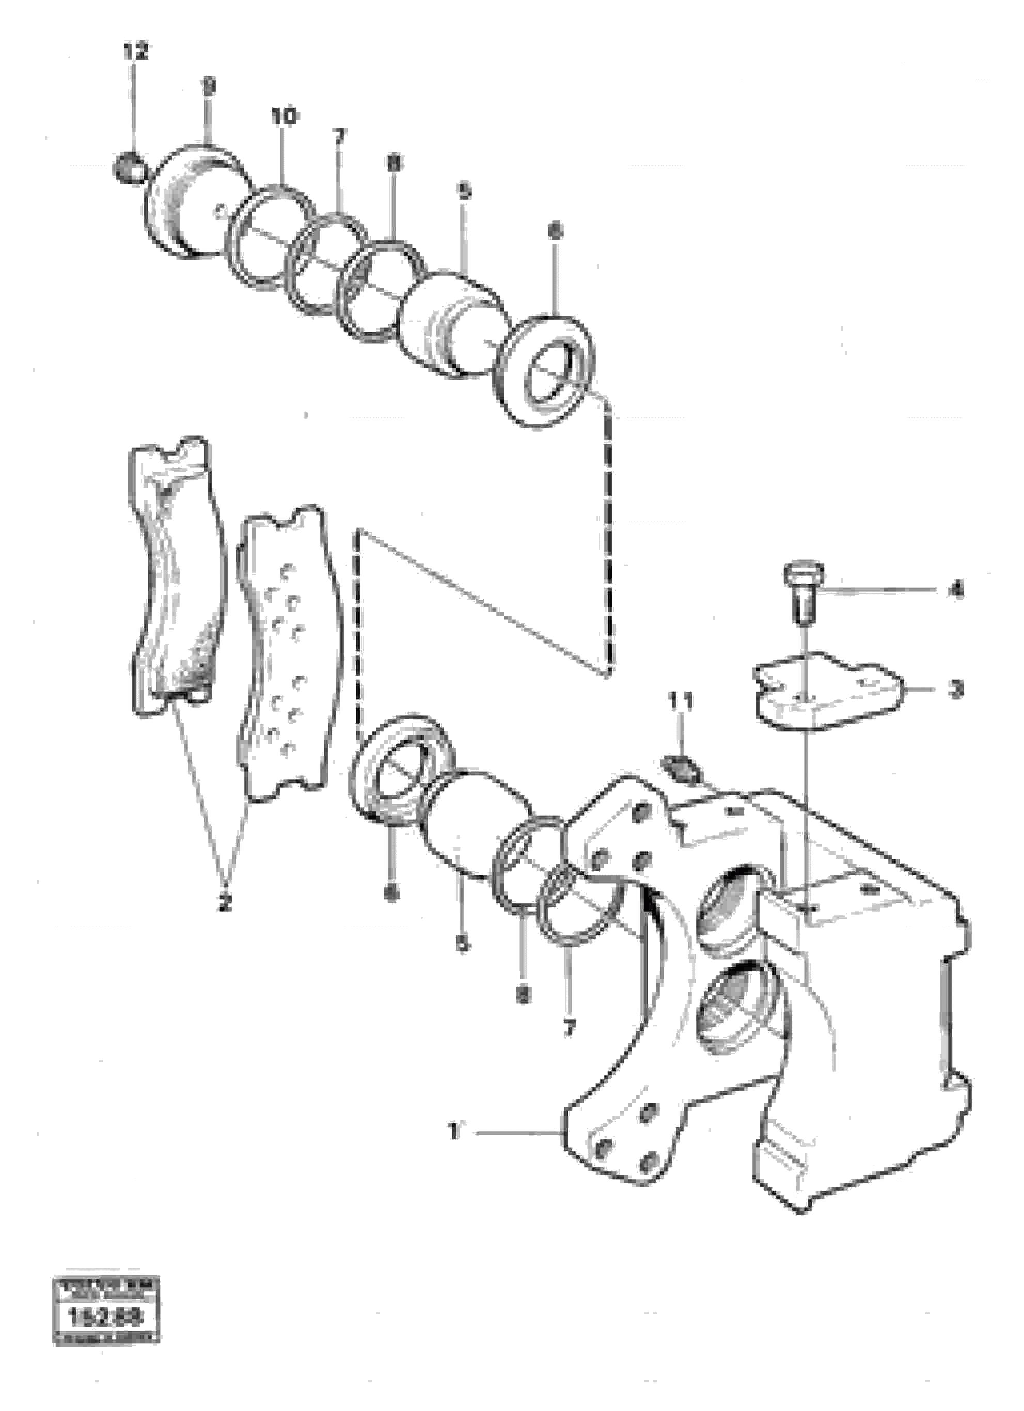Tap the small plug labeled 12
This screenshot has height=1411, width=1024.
coord(128,168)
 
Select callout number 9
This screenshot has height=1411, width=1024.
coord(210,87)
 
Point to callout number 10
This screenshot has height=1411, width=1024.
coord(283,116)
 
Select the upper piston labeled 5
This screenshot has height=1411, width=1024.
coord(453,323)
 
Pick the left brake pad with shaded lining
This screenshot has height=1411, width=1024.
coord(177,578)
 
